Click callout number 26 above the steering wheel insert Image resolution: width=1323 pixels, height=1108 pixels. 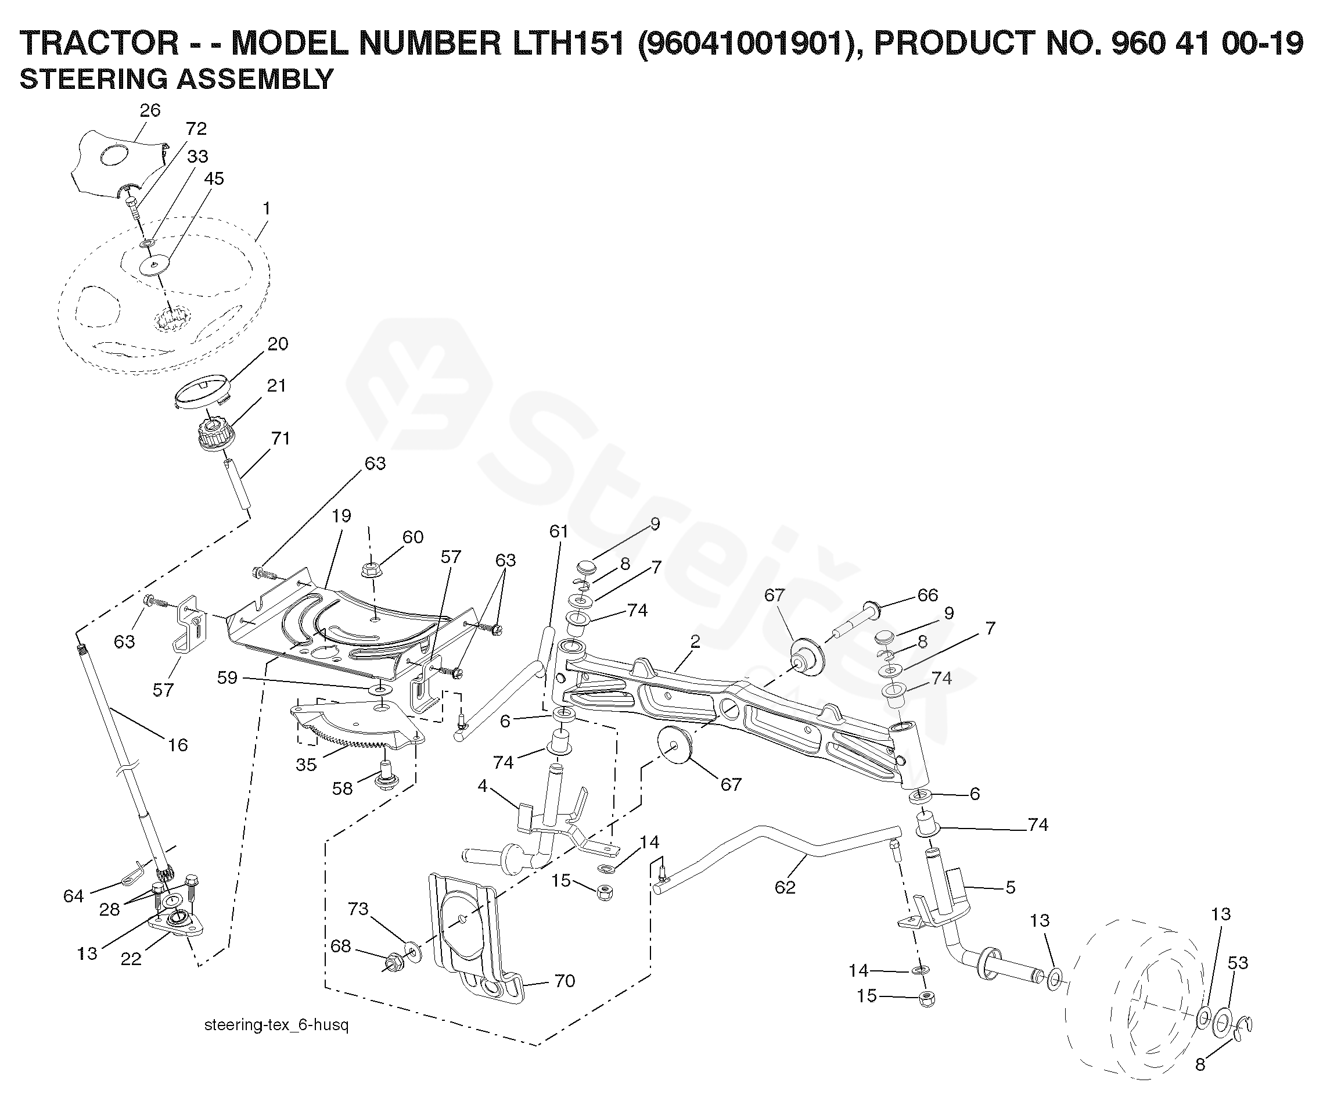pos(150,110)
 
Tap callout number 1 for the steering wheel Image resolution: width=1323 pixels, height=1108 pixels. pos(267,208)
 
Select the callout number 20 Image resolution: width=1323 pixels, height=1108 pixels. pos(278,344)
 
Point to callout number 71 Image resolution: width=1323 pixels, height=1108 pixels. pos(281,438)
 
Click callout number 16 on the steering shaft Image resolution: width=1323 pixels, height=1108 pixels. pos(178,745)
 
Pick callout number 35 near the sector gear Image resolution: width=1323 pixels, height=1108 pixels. pos(306,765)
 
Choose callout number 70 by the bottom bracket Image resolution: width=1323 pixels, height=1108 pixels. pos(565,981)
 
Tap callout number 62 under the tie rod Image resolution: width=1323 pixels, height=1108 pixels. pos(785,887)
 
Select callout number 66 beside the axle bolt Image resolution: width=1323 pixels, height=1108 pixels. pos(927,595)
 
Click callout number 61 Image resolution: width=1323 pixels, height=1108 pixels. pos(559,531)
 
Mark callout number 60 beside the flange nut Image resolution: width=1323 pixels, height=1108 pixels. pos(413,537)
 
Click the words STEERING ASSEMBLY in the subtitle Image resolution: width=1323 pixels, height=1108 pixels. pos(177,80)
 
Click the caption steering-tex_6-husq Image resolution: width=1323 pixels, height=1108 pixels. pos(276,1025)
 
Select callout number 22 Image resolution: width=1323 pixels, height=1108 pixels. pos(131,959)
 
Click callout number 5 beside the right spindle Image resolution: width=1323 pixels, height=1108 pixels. pos(1011,887)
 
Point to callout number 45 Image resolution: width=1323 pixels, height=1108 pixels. pos(214,179)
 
